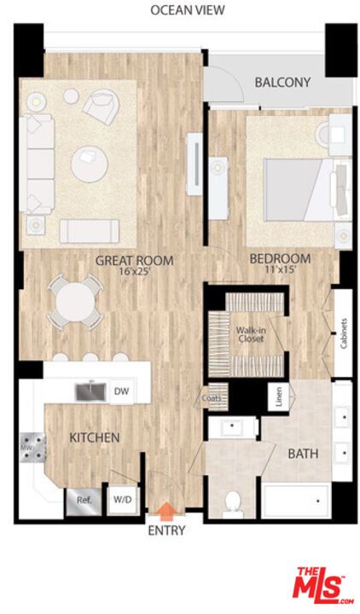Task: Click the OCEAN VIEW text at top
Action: point(188,10)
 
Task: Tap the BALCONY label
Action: point(282,83)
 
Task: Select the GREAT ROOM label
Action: point(135,260)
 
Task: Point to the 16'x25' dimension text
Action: point(135,272)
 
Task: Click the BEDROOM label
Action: point(280,258)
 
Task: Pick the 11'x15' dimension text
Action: point(281,270)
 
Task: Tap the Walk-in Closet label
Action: point(250,334)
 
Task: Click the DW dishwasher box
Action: point(121,391)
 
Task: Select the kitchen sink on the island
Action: point(90,391)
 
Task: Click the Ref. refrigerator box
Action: point(84,501)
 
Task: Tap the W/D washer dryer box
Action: point(118,501)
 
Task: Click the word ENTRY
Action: point(166,530)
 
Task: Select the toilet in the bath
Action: point(233,504)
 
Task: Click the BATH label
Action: point(303,454)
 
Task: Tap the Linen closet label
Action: point(278,397)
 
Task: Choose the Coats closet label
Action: point(212,397)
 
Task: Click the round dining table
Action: point(76,300)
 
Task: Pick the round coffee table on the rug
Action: point(90,164)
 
